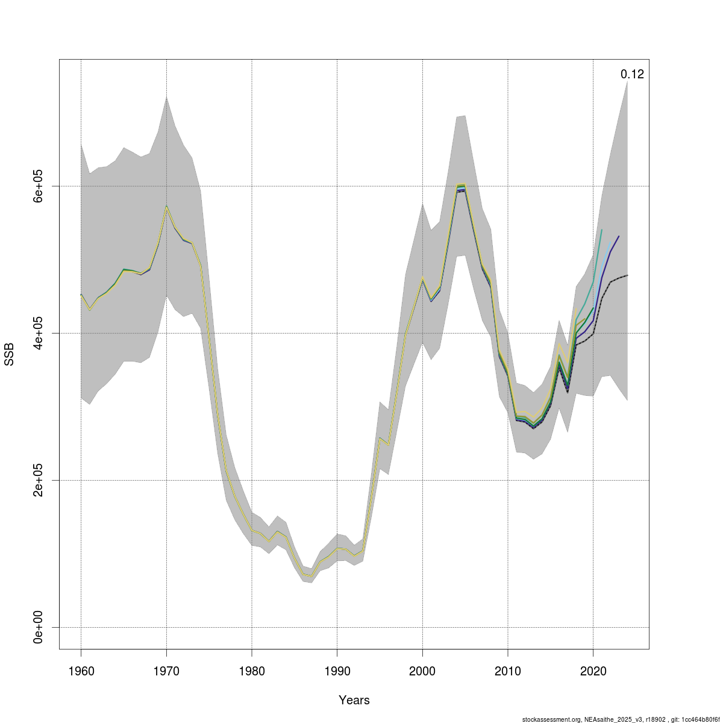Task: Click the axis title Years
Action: (354, 700)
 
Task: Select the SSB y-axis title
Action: (10, 354)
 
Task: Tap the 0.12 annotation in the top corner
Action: (632, 75)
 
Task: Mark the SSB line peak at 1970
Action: (166, 206)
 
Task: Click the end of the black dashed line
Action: (627, 275)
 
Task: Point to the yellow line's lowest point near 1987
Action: (311, 576)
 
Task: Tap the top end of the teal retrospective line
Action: (602, 230)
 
